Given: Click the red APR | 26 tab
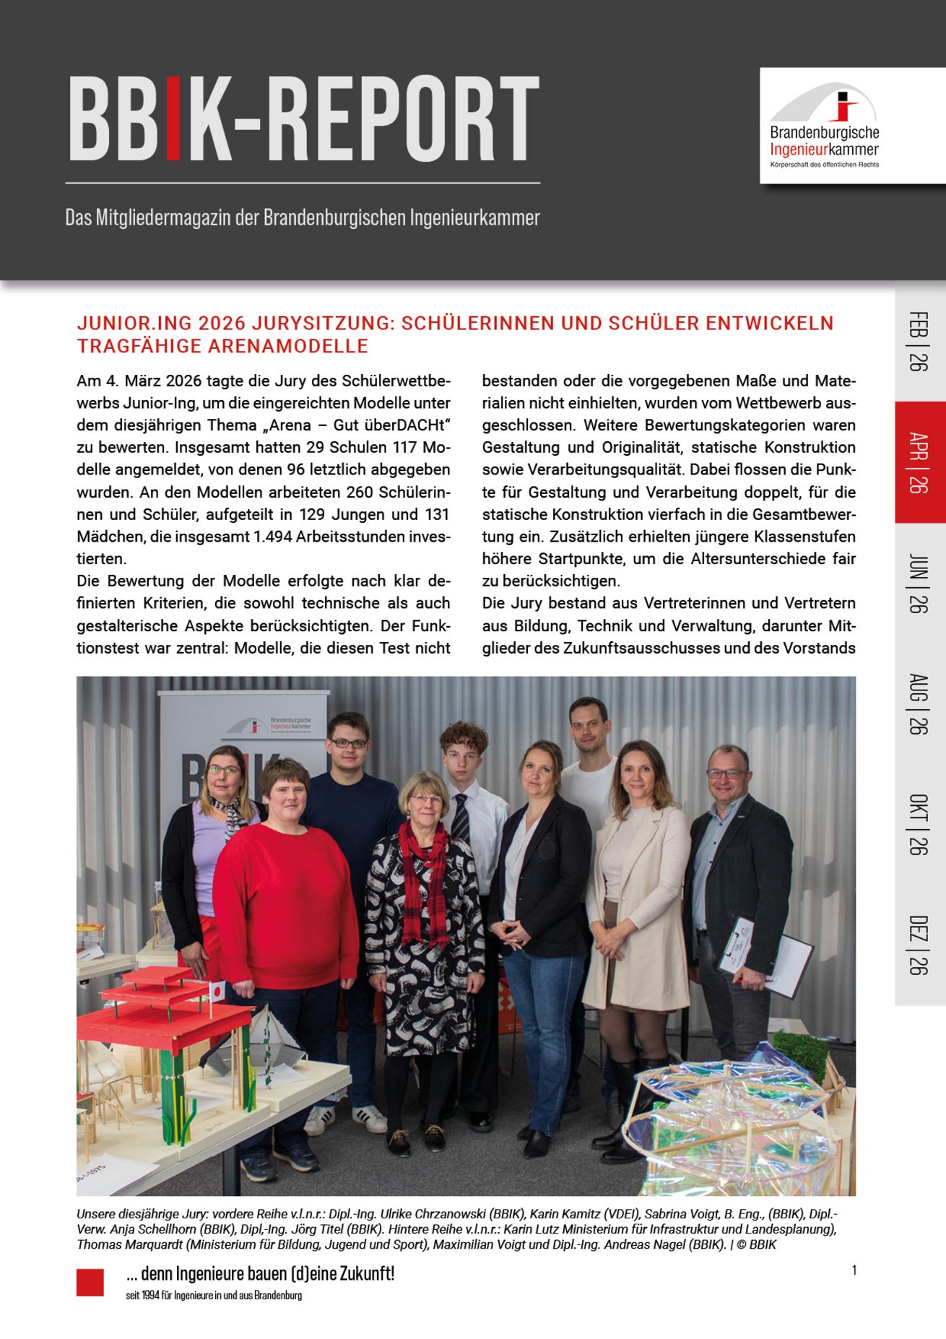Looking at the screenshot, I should click(919, 462).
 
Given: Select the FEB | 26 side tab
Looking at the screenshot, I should click(919, 341).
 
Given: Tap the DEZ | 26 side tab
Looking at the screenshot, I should click(919, 945).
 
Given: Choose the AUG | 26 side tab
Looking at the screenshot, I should click(919, 703).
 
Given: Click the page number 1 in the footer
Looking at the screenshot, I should click(854, 1270).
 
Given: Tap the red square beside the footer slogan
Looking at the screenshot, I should click(90, 1283).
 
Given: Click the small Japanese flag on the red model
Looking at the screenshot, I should click(216, 991).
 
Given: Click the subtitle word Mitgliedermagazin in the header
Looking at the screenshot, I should click(162, 217).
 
